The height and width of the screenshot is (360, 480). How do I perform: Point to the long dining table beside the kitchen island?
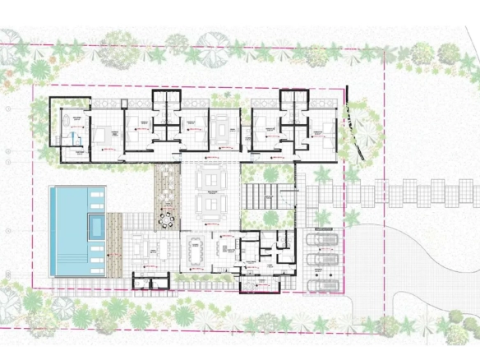pos(196,252)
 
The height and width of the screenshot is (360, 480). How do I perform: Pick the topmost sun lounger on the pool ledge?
pos(96,194)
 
